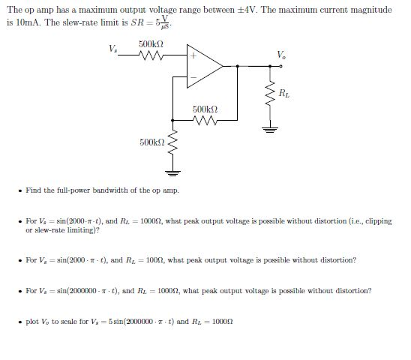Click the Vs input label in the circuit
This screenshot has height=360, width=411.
pos(112,50)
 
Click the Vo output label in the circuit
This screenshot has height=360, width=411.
pos(280,54)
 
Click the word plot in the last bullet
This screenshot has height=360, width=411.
pos(32,320)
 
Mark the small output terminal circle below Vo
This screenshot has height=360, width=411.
pos(280,65)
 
